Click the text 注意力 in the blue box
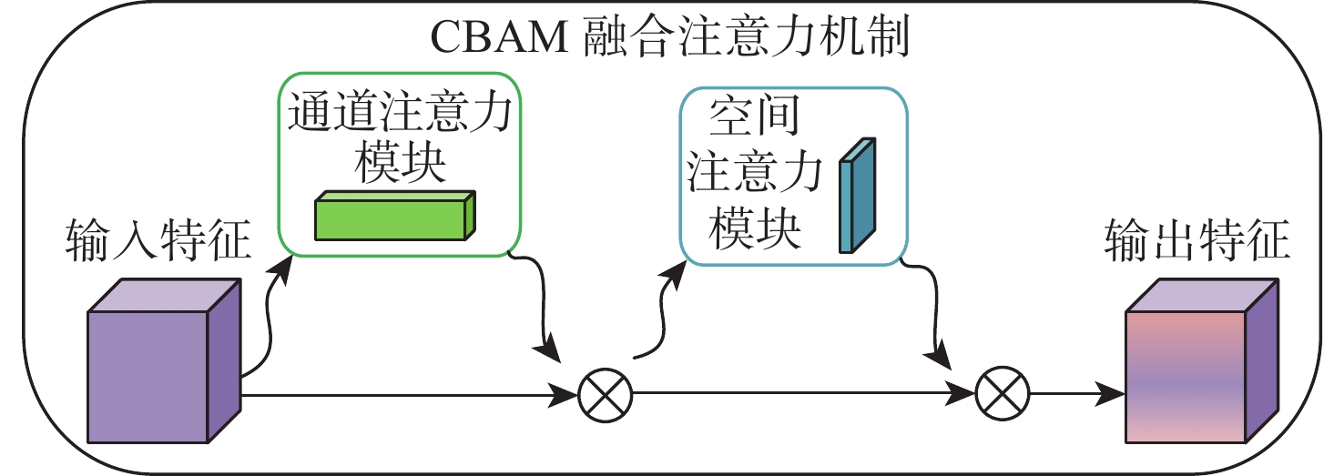tap(755, 176)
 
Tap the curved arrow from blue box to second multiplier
tap(929, 309)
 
